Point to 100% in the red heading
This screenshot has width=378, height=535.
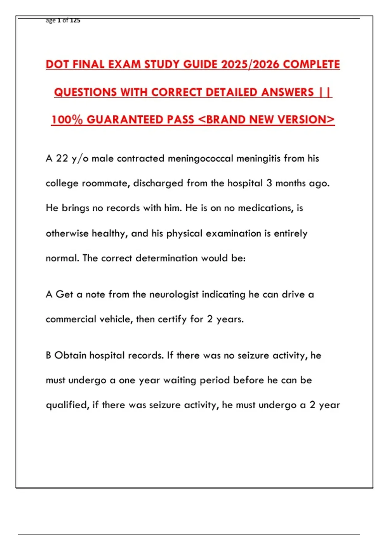(x=67, y=120)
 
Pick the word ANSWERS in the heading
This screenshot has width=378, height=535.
(x=287, y=92)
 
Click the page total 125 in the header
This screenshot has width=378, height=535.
(x=75, y=20)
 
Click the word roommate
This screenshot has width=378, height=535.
(x=106, y=183)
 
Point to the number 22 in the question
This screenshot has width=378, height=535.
(x=62, y=158)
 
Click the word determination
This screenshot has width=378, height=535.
(x=167, y=258)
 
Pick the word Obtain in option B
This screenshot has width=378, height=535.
(x=70, y=355)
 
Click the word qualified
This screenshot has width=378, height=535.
(x=67, y=405)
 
